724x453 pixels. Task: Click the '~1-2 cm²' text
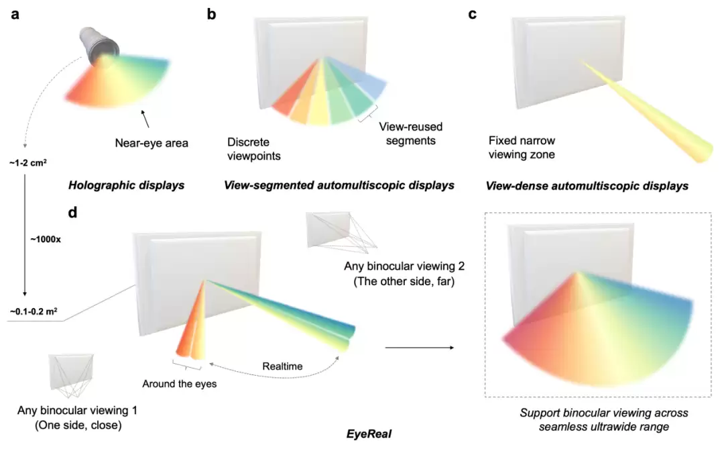[x=27, y=163]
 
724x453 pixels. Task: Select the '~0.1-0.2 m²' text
[x=33, y=311]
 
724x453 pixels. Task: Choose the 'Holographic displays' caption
[x=127, y=185]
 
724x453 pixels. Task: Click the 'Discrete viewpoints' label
[x=254, y=149]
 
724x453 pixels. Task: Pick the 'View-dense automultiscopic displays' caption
[x=587, y=186]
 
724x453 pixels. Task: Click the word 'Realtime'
[x=283, y=366]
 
